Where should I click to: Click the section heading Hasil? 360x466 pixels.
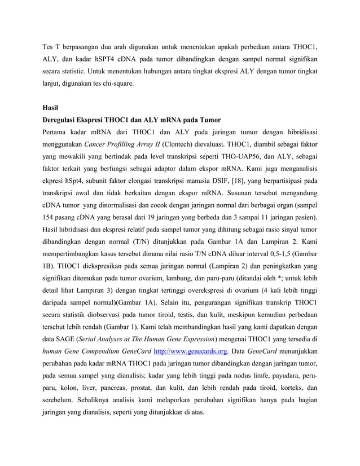pyautogui.click(x=51, y=107)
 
